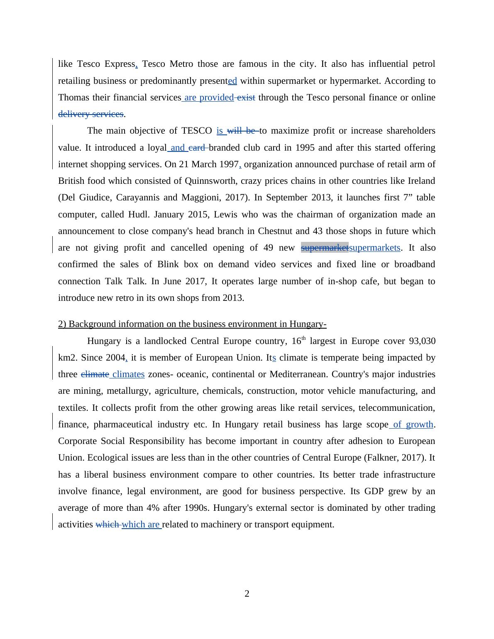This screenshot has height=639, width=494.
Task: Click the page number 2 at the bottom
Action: pyautogui.click(x=247, y=594)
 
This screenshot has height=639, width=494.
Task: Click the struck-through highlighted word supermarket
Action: pyautogui.click(x=325, y=248)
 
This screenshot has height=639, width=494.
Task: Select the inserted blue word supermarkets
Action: pyautogui.click(x=374, y=248)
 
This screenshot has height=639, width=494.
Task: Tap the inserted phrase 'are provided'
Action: pyautogui.click(x=209, y=98)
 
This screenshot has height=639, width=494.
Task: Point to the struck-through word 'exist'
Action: pyautogui.click(x=246, y=98)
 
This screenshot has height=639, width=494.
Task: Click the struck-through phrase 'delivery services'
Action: pyautogui.click(x=91, y=114)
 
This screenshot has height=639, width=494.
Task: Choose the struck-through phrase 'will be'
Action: pyautogui.click(x=242, y=131)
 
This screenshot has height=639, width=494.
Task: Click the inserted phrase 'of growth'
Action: pyautogui.click(x=413, y=424)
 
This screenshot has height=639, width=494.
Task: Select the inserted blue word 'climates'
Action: pyautogui.click(x=128, y=374)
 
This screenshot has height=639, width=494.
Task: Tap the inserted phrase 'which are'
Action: pyautogui.click(x=141, y=524)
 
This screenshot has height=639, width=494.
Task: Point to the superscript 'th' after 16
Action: pyautogui.click(x=303, y=339)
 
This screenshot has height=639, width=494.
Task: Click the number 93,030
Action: pyautogui.click(x=422, y=341)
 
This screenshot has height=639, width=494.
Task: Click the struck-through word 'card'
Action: pyautogui.click(x=197, y=148)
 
